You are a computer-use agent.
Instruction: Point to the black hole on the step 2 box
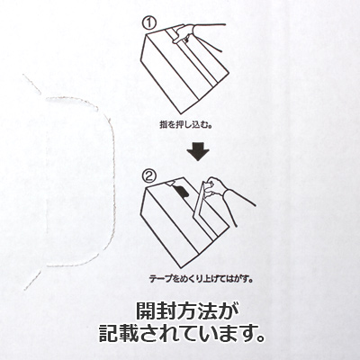[x=180, y=193]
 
